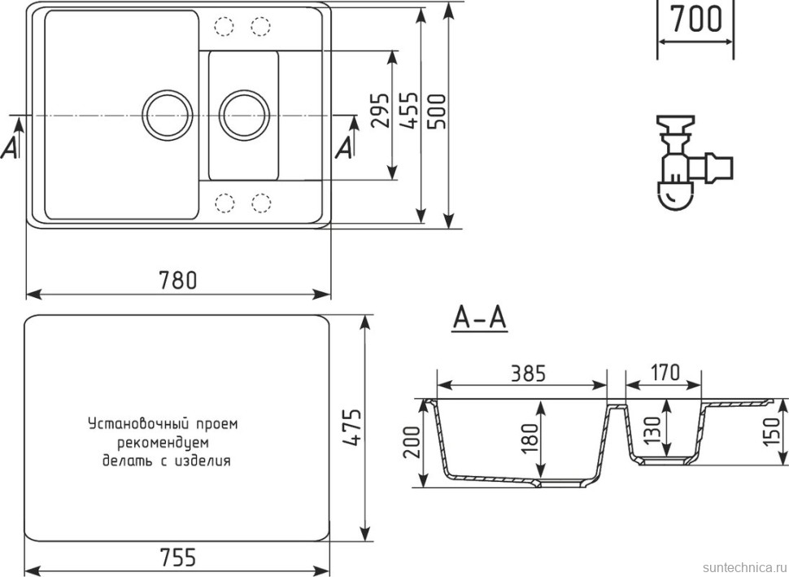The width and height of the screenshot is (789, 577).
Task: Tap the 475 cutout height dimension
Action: click(x=352, y=426)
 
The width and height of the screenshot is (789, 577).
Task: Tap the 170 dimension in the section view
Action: click(x=665, y=373)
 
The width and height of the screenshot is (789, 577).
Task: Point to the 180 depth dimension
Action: click(x=529, y=439)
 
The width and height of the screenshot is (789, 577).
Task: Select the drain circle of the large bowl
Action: click(x=168, y=114)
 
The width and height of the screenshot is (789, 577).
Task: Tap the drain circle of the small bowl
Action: click(x=245, y=114)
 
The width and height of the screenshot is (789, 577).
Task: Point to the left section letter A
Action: click(x=11, y=146)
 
